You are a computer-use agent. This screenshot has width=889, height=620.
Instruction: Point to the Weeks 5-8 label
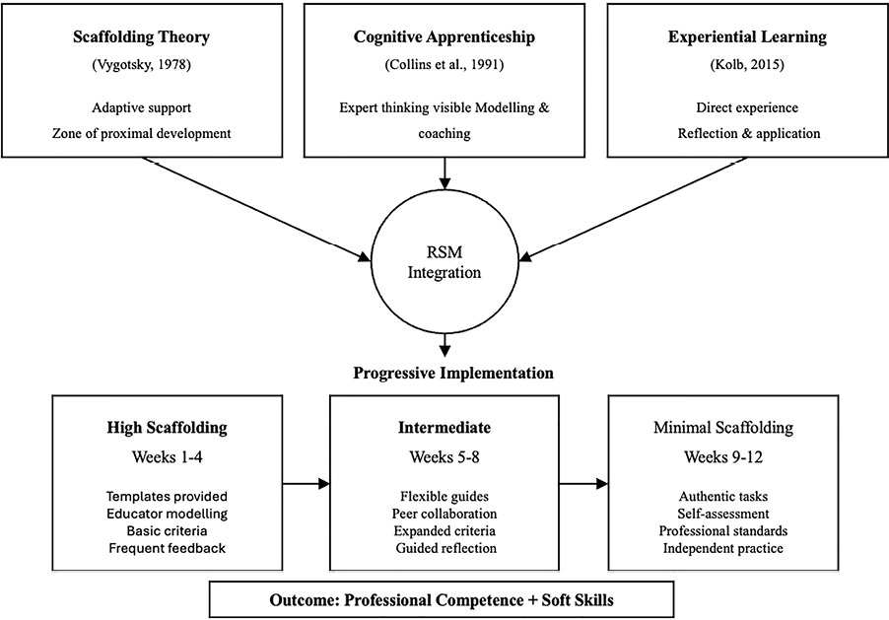[444, 456]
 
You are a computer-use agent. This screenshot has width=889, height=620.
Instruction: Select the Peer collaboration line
[444, 514]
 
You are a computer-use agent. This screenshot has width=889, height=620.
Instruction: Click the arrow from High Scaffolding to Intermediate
[306, 484]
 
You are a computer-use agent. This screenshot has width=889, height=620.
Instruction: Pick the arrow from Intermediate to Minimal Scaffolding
[582, 484]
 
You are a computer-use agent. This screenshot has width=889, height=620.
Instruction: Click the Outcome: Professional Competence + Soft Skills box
[444, 599]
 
